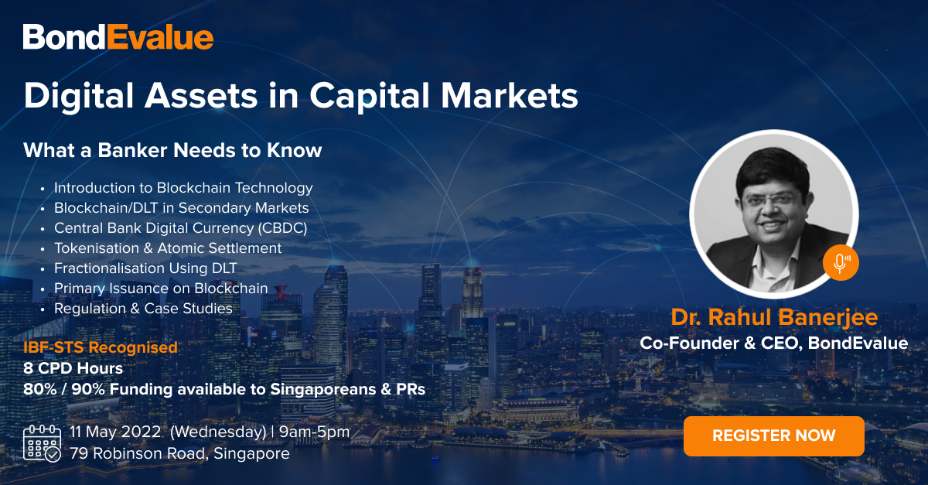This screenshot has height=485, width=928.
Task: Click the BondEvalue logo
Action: tap(118, 37)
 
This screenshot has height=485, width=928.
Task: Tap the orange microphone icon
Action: tap(841, 263)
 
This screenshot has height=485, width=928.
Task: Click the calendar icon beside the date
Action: tap(42, 443)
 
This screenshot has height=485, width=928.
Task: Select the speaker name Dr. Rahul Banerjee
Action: tap(774, 317)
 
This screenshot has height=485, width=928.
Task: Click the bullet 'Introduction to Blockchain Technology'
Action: tap(183, 188)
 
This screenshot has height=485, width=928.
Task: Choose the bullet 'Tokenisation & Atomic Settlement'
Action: tap(168, 248)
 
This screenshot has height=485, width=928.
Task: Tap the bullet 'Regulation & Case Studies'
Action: tap(143, 309)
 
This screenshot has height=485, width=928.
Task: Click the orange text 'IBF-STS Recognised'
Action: tap(101, 347)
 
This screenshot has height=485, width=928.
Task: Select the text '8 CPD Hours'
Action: tap(73, 368)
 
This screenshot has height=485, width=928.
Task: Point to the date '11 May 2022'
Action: tap(115, 432)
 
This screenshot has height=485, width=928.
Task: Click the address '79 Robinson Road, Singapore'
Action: tap(179, 453)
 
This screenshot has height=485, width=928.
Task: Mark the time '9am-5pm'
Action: tap(314, 432)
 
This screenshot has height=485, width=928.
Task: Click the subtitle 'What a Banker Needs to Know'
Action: tap(172, 150)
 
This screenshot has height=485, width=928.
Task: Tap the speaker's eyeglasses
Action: tap(772, 200)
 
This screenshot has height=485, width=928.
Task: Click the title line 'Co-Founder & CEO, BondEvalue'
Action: tap(774, 343)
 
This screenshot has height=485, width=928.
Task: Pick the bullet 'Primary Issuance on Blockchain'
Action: tap(161, 289)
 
